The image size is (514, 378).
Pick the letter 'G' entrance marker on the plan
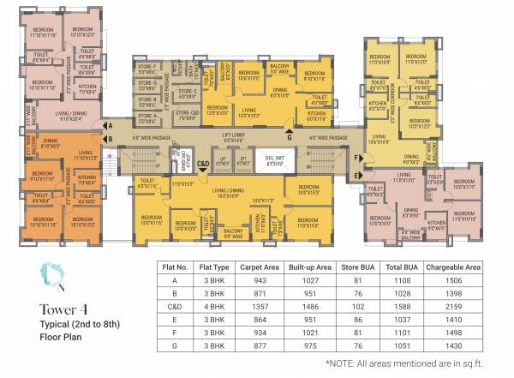click(289, 136)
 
